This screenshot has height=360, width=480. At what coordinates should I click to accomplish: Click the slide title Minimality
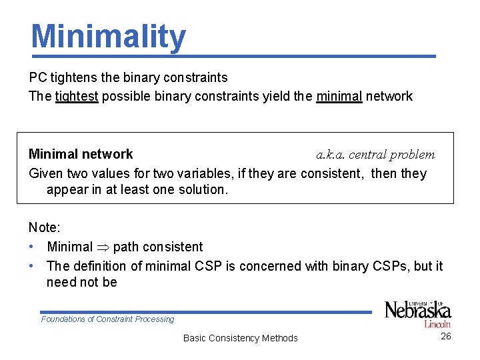pyautogui.click(x=108, y=37)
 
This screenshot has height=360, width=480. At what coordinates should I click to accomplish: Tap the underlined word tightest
pyautogui.click(x=77, y=96)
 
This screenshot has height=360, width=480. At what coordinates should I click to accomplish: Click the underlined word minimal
pyautogui.click(x=339, y=96)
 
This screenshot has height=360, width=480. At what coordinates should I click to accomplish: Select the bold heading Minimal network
pyautogui.click(x=81, y=154)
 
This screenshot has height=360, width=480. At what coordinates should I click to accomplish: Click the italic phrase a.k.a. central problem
pyautogui.click(x=375, y=155)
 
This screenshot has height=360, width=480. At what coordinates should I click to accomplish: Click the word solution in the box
pyautogui.click(x=203, y=189)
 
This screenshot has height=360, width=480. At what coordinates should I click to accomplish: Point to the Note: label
pyautogui.click(x=44, y=227)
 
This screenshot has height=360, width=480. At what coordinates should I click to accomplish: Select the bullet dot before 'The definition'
pyautogui.click(x=32, y=266)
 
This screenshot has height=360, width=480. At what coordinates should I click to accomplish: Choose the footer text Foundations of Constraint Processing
pyautogui.click(x=107, y=319)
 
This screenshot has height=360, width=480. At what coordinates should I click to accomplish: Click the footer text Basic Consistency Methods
pyautogui.click(x=240, y=338)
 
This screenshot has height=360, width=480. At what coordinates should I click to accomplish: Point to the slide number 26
pyautogui.click(x=446, y=336)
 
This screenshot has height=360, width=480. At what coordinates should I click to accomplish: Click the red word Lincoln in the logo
pyautogui.click(x=437, y=325)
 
